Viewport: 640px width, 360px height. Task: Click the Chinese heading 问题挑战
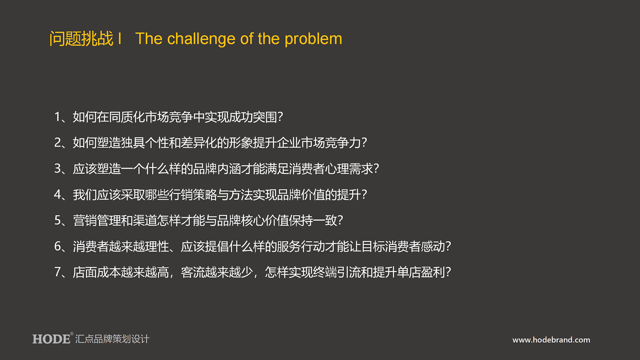81,38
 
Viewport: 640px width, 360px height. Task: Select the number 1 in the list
57,117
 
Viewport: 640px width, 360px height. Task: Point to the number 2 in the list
58,143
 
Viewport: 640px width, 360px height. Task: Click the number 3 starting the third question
58,169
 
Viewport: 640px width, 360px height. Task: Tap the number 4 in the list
58,195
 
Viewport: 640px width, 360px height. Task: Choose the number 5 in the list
58,220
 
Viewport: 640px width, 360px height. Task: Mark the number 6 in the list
58,246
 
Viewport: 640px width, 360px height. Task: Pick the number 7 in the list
58,272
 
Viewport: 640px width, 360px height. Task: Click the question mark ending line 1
280,117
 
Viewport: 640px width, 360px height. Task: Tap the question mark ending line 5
340,220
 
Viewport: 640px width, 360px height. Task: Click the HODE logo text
51,339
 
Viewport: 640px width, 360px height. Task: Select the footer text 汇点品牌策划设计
112,339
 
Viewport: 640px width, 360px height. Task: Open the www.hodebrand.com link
551,340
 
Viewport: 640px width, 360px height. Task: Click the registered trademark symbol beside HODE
72,334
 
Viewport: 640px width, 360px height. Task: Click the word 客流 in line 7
193,272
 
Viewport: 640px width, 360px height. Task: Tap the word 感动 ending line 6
433,246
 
